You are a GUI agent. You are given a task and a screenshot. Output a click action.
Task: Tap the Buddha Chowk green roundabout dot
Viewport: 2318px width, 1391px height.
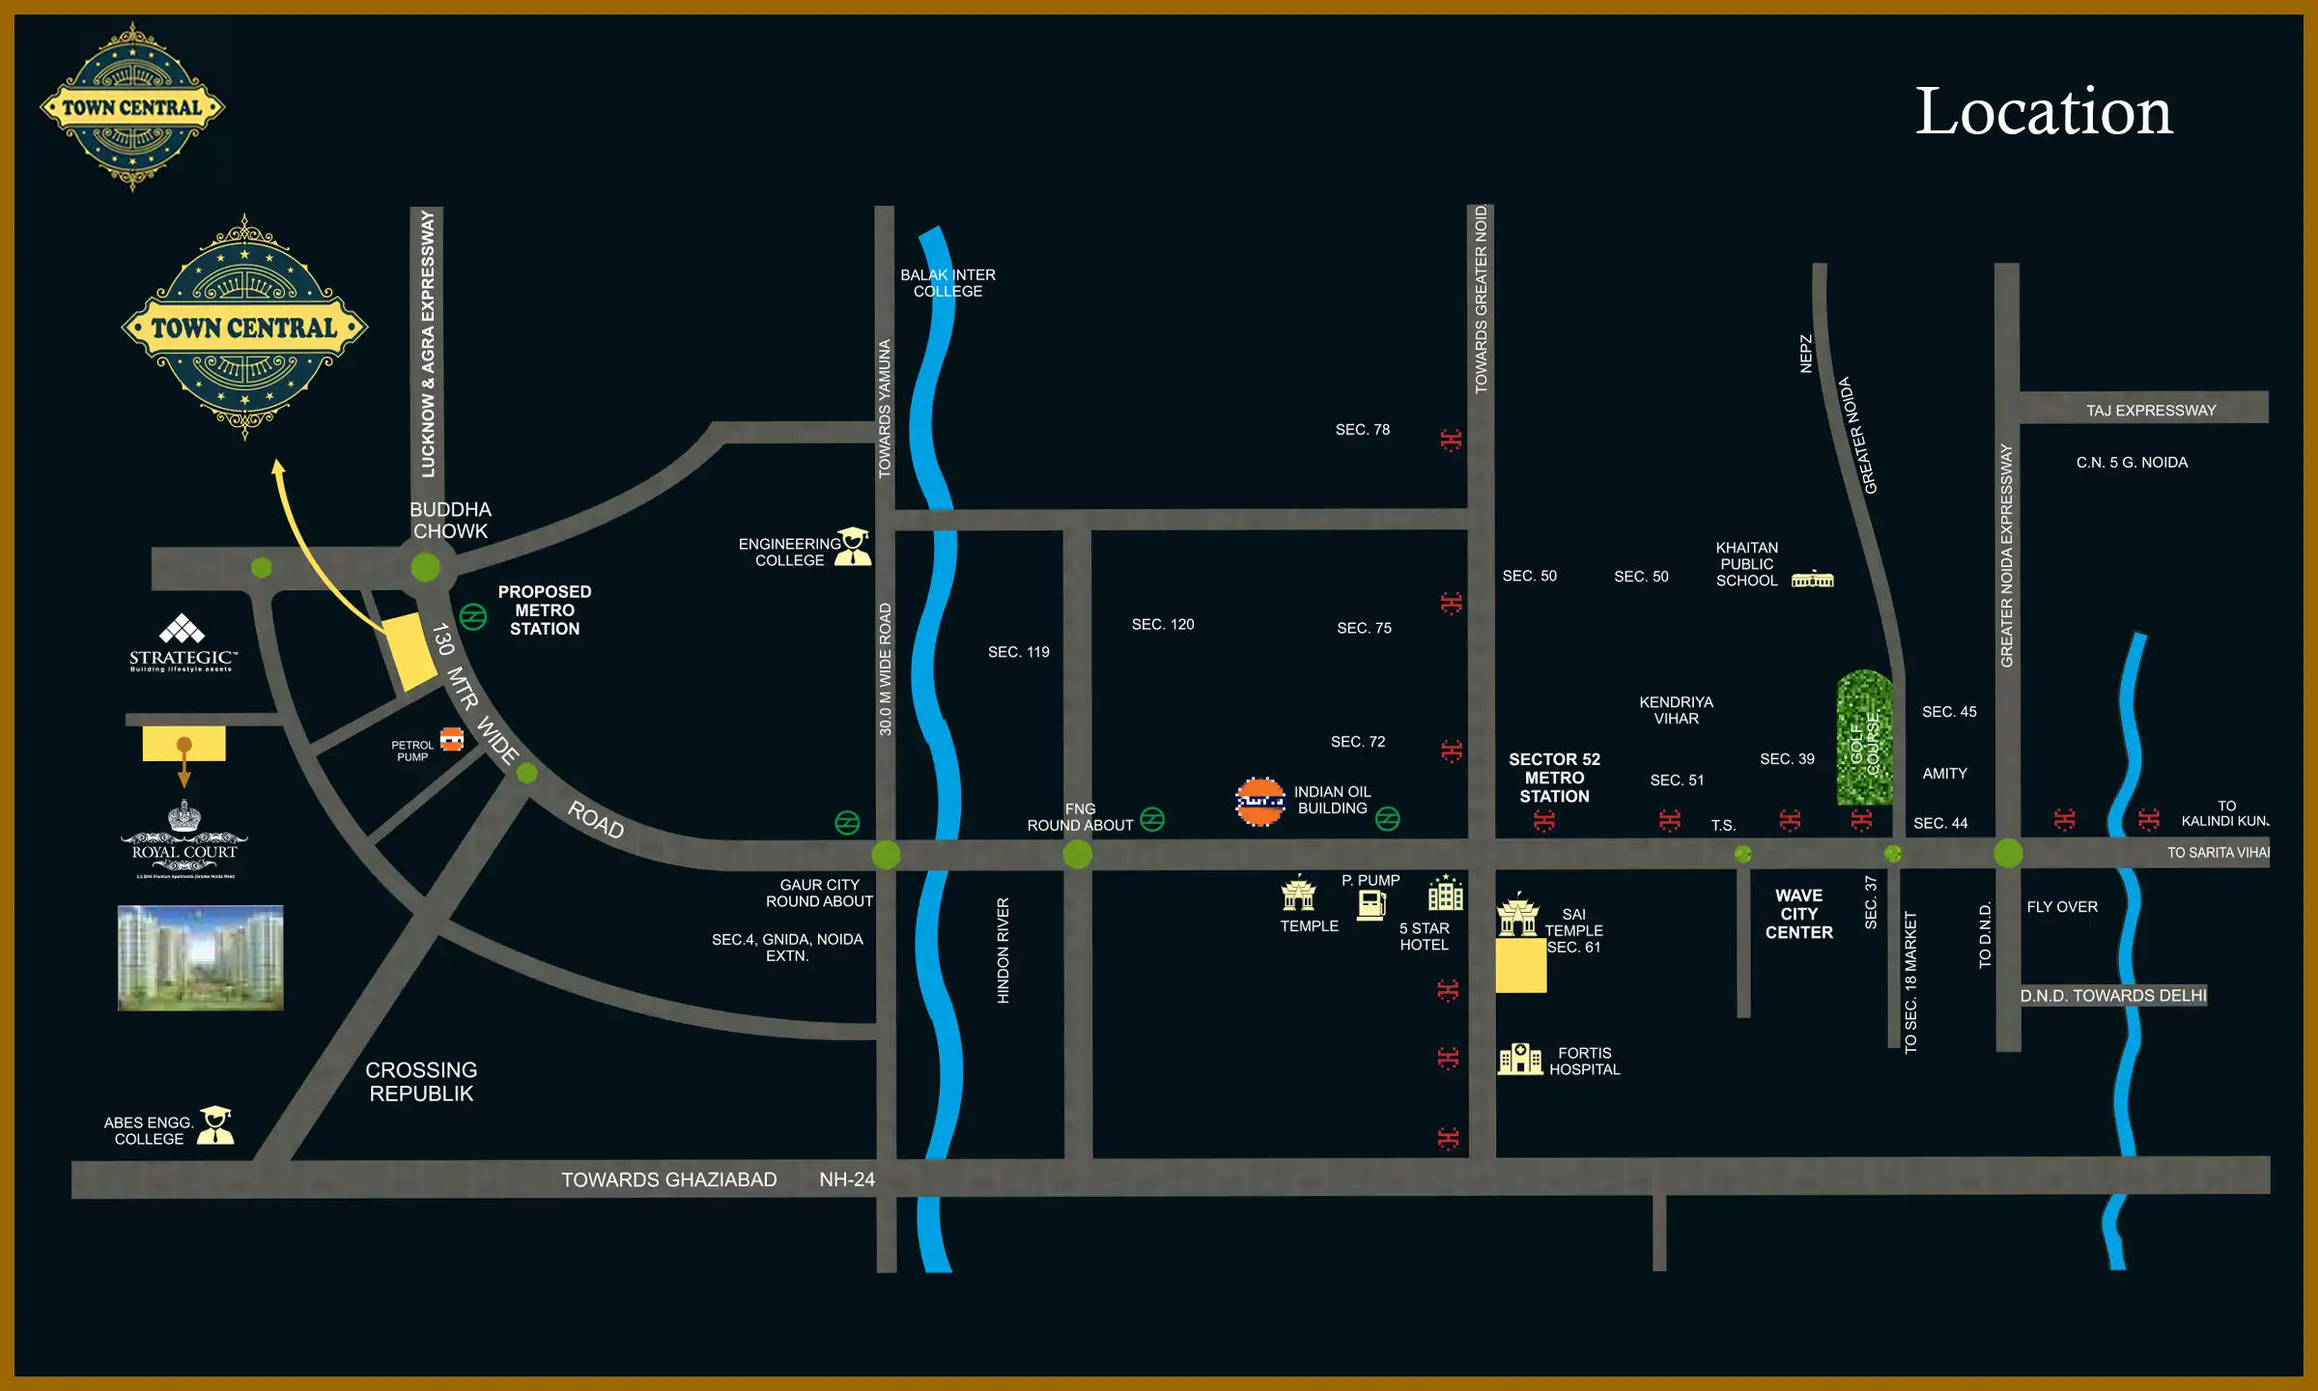click(425, 566)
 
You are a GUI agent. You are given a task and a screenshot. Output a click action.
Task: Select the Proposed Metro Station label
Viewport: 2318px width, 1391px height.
click(545, 610)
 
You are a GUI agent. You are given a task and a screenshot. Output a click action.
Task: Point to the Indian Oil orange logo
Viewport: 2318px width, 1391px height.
click(1260, 802)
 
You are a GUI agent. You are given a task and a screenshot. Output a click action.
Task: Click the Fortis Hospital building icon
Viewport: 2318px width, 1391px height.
click(1519, 1059)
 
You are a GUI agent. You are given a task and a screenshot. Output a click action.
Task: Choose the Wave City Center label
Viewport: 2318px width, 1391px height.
click(1798, 914)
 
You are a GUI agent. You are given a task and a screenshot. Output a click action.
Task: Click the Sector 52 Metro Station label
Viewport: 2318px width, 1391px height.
click(1554, 778)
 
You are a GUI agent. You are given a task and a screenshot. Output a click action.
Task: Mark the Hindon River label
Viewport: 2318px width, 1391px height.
click(1004, 951)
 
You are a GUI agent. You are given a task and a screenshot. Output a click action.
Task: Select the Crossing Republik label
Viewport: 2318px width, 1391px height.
click(421, 1082)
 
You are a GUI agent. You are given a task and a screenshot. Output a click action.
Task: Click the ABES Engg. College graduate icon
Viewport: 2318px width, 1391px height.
click(215, 1125)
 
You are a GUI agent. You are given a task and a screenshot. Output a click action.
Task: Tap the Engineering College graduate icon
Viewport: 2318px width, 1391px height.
click(853, 547)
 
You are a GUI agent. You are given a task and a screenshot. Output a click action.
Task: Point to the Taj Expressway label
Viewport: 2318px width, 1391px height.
click(2151, 411)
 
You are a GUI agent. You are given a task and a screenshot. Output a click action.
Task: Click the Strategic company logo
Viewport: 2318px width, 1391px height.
click(183, 642)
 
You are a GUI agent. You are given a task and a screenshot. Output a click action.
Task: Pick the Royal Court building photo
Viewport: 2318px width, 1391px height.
click(201, 957)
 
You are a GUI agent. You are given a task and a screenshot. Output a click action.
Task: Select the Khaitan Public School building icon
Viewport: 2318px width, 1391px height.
click(1812, 579)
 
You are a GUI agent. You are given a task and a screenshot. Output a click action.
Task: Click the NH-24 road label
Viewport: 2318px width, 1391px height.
click(847, 1179)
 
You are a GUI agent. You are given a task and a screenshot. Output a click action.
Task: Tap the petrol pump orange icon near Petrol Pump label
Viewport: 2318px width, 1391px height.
click(452, 740)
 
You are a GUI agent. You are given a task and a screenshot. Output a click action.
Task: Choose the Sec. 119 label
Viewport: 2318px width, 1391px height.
click(1018, 652)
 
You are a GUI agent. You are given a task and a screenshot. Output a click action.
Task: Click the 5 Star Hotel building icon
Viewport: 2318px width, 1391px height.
click(1445, 894)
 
